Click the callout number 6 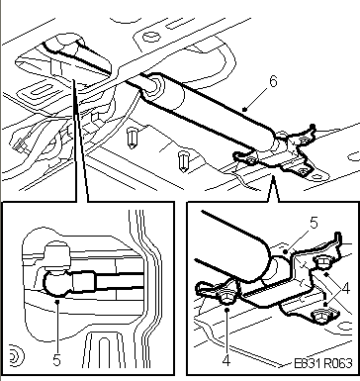pyautogui.click(x=273, y=81)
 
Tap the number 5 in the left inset pyautogui.click(x=56, y=360)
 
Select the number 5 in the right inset pyautogui.click(x=314, y=224)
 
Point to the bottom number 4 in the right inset pyautogui.click(x=226, y=360)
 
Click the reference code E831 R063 pyautogui.click(x=322, y=363)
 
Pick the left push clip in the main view pyautogui.click(x=133, y=139)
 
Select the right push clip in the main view pyautogui.click(x=183, y=161)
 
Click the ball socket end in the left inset pyautogui.click(x=56, y=283)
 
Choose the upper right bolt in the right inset pyautogui.click(x=322, y=262)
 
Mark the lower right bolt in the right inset pyautogui.click(x=322, y=317)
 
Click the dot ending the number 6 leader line pyautogui.click(x=244, y=109)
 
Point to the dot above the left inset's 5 pyautogui.click(x=57, y=301)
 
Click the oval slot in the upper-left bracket pyautogui.click(x=39, y=90)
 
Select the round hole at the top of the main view pyautogui.click(x=151, y=36)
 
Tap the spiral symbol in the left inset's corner pyautogui.click(x=16, y=356)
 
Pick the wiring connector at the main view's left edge pyautogui.click(x=19, y=144)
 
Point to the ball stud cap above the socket pyautogui.click(x=58, y=253)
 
